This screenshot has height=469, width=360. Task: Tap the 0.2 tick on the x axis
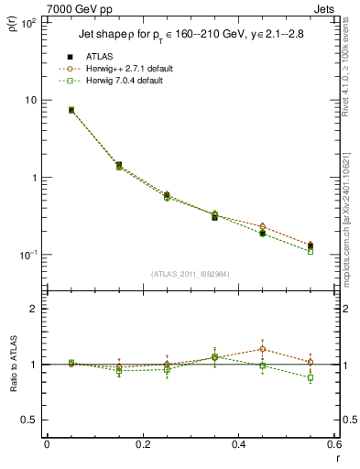[142, 444]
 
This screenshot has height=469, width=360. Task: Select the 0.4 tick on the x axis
[238, 444]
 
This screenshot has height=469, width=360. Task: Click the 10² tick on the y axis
[29, 22]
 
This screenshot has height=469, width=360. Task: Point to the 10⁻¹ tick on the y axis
[29, 255]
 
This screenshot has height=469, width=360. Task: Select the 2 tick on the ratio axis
[35, 309]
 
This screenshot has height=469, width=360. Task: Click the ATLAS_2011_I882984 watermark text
[190, 274]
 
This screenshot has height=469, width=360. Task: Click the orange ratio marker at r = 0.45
[262, 349]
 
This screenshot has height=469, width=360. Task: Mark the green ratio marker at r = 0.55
[310, 377]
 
